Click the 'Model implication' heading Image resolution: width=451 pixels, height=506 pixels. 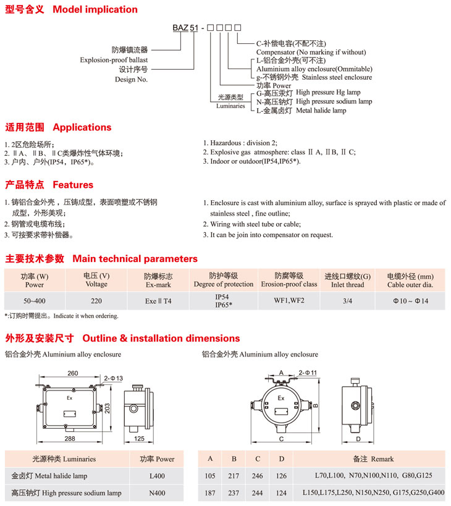[95, 9]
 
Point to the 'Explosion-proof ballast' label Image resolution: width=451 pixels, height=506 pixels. [114, 61]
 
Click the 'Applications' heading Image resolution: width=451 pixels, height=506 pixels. [82, 127]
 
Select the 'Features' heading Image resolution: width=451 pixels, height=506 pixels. [73, 185]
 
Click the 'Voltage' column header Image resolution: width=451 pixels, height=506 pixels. [96, 284]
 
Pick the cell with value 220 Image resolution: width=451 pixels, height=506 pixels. [96, 301]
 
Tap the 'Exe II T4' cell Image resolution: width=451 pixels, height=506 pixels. [158, 301]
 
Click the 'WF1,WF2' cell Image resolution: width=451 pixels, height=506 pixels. [289, 301]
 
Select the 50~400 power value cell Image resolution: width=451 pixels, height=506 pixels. [35, 301]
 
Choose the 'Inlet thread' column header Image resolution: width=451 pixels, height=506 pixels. [348, 285]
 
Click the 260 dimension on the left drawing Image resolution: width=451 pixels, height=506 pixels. [73, 373]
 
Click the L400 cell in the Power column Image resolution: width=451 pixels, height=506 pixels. [157, 476]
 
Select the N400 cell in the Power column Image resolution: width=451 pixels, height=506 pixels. [157, 493]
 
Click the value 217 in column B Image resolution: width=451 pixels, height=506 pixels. [234, 476]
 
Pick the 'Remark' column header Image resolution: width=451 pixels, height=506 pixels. [373, 459]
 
